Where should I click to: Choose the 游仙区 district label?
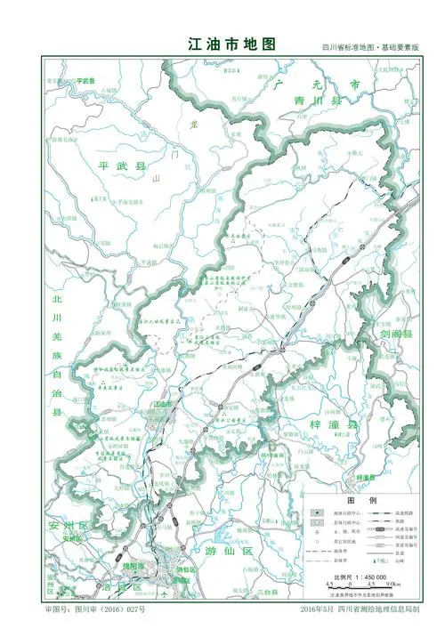coord(229,552)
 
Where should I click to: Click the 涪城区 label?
coord(124,588)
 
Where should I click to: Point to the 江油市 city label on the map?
coord(162,404)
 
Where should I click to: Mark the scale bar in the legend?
coord(360,587)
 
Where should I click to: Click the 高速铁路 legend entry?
coord(399,514)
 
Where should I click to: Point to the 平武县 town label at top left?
coord(86,80)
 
